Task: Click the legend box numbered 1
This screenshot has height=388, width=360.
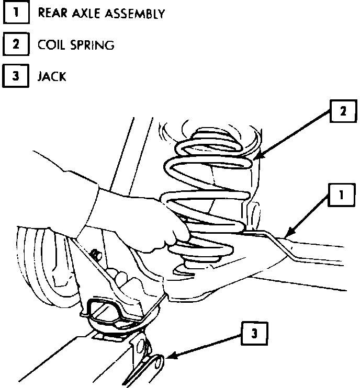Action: click(16, 13)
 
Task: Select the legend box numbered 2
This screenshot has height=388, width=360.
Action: click(16, 44)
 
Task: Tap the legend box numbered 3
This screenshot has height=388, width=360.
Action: click(16, 76)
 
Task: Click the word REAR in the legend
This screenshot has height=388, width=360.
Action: click(53, 13)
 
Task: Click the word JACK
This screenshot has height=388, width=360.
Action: click(52, 76)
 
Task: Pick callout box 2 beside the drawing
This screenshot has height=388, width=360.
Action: click(343, 111)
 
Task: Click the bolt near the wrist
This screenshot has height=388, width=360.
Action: click(96, 254)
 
